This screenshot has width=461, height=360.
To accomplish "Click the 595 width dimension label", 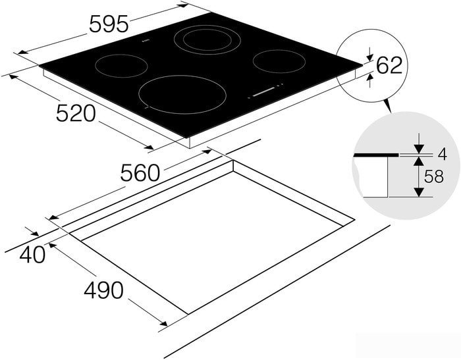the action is click(109, 24).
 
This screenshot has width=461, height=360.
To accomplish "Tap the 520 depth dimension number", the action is click(76, 113).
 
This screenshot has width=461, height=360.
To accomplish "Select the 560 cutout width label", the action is click(140, 173).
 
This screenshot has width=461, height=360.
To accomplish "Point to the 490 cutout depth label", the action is click(103, 290).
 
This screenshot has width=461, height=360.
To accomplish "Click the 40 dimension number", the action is click(32, 254).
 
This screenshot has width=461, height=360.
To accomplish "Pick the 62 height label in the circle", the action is click(389, 65).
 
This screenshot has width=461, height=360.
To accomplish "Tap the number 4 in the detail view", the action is click(442, 154).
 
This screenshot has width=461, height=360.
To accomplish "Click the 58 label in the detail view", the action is click(433, 177).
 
